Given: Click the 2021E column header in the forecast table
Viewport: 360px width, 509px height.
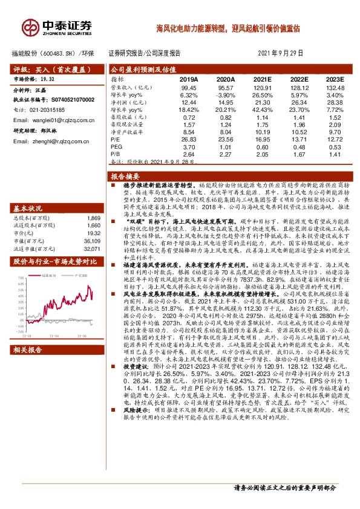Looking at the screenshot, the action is tap(262, 79).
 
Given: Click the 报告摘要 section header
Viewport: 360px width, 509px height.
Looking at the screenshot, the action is tap(124, 177).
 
